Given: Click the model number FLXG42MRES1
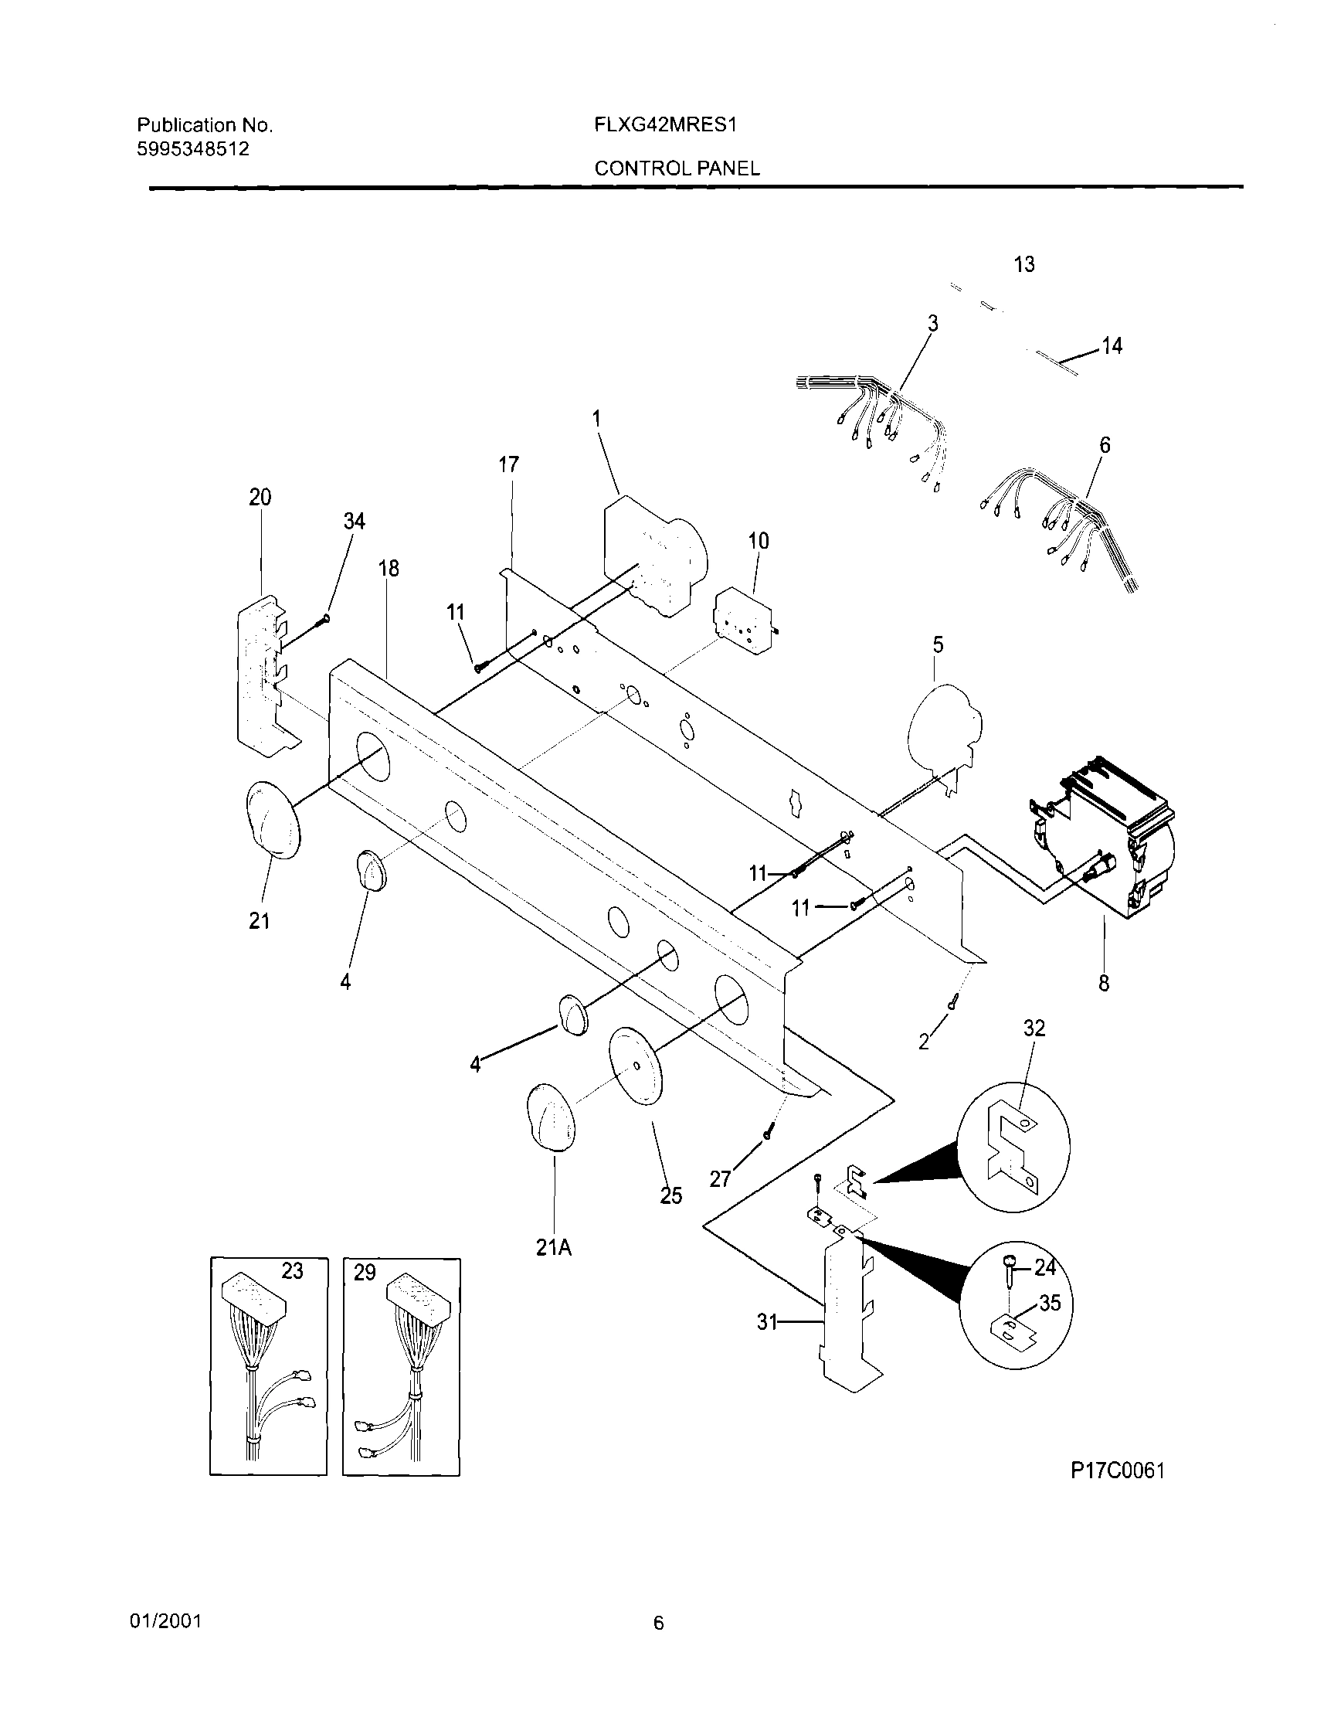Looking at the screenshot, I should click(x=664, y=125).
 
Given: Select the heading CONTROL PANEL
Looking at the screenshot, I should click(x=677, y=168).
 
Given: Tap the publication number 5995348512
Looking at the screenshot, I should click(x=193, y=148).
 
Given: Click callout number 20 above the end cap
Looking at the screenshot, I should click(x=260, y=498).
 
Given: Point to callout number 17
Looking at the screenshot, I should click(x=508, y=464).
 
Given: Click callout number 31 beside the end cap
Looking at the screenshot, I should click(x=766, y=1323).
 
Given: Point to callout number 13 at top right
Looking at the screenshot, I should click(x=1023, y=265).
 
